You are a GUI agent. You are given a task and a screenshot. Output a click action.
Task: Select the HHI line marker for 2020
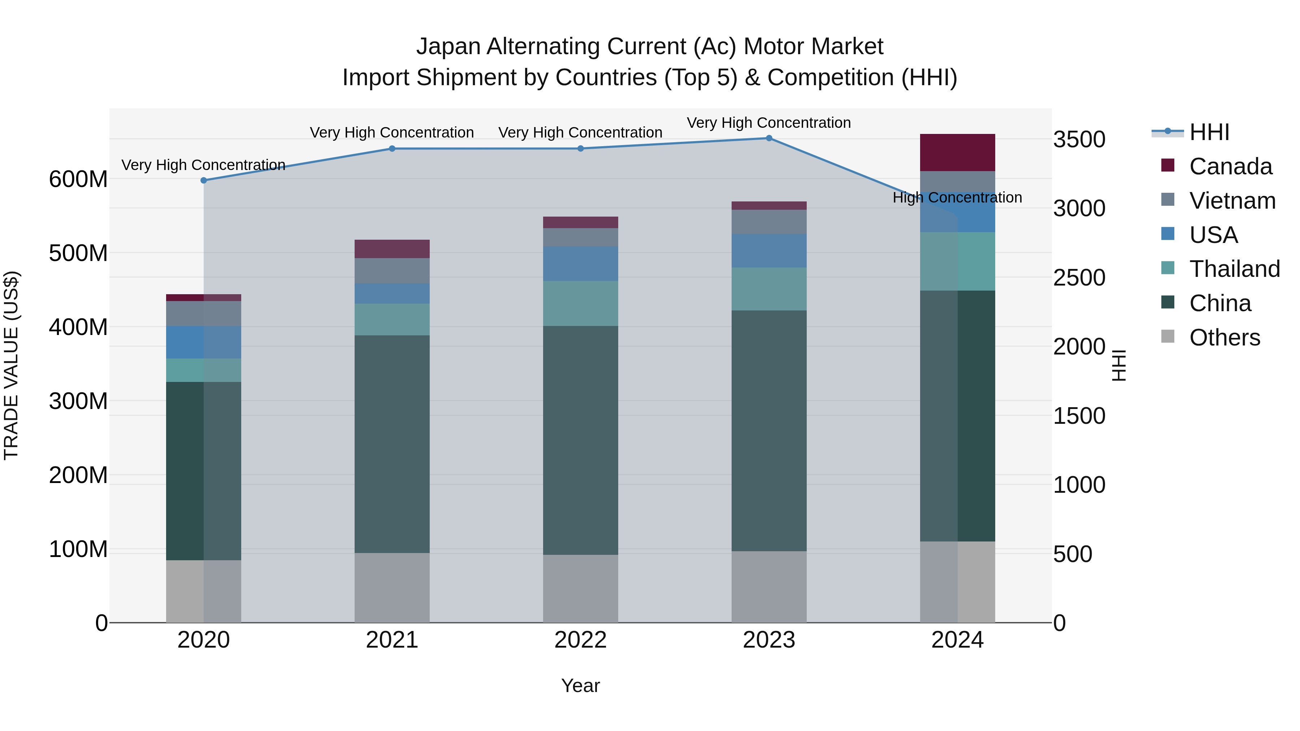(x=204, y=180)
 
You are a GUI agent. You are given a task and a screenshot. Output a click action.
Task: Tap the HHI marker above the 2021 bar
(x=392, y=149)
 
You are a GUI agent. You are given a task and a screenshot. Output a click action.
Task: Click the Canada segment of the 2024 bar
(x=957, y=152)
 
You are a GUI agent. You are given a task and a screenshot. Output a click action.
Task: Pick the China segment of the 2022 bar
(x=580, y=440)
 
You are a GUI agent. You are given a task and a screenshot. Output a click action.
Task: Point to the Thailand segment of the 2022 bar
(x=580, y=303)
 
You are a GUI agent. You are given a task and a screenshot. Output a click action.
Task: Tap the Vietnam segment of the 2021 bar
(x=392, y=271)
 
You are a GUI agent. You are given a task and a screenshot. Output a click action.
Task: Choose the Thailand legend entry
(x=1234, y=269)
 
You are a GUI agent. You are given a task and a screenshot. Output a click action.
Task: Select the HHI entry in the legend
(x=1209, y=132)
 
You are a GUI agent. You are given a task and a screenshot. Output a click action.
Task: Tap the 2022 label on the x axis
(x=580, y=640)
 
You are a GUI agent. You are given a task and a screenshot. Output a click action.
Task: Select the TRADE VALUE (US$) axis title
(x=11, y=365)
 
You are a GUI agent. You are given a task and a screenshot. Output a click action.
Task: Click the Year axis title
(x=580, y=686)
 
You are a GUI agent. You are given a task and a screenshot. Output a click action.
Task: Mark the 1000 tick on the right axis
(x=1079, y=485)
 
